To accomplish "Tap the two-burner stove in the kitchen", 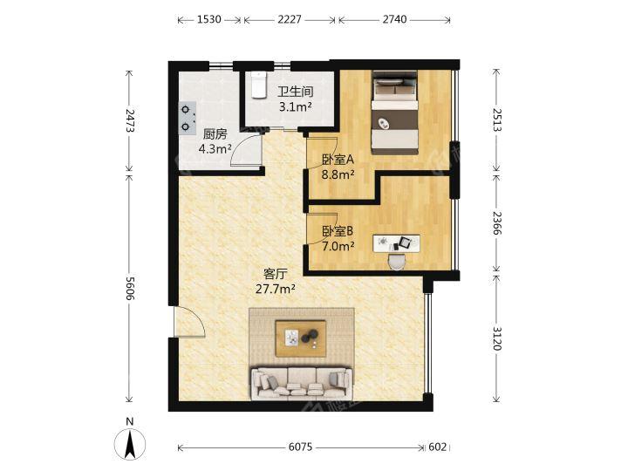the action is point(187,118).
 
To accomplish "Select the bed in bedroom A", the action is point(395,113).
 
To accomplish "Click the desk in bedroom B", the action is point(397,243).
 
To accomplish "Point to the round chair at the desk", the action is point(398,262).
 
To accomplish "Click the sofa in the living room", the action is point(301,383).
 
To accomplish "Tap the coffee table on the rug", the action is point(300,338).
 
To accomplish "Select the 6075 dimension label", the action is point(300,447).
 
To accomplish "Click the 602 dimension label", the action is point(437,447).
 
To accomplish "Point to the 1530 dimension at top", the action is point(209,19).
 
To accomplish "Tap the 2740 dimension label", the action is point(394,19).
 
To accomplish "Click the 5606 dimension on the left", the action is point(130,288).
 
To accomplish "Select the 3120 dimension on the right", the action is point(496,338).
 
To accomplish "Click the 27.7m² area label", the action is point(276,289).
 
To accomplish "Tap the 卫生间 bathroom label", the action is point(296,92).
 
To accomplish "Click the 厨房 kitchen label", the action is point(215,133).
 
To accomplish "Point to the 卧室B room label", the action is point(338,231).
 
